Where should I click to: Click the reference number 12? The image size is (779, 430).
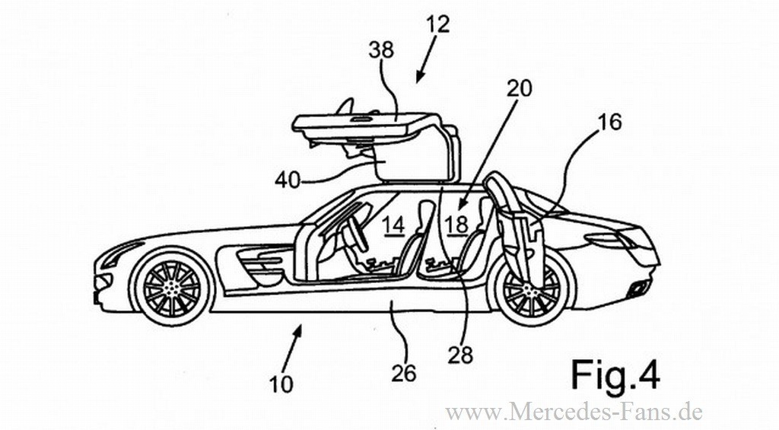click(x=438, y=24)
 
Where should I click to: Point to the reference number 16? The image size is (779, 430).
click(x=609, y=122)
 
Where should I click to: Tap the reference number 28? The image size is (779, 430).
click(x=461, y=354)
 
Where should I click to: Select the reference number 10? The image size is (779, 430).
click(x=281, y=384)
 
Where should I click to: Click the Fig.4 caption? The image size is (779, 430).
click(x=615, y=376)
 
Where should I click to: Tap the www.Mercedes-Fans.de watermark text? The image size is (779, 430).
click(x=574, y=412)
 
